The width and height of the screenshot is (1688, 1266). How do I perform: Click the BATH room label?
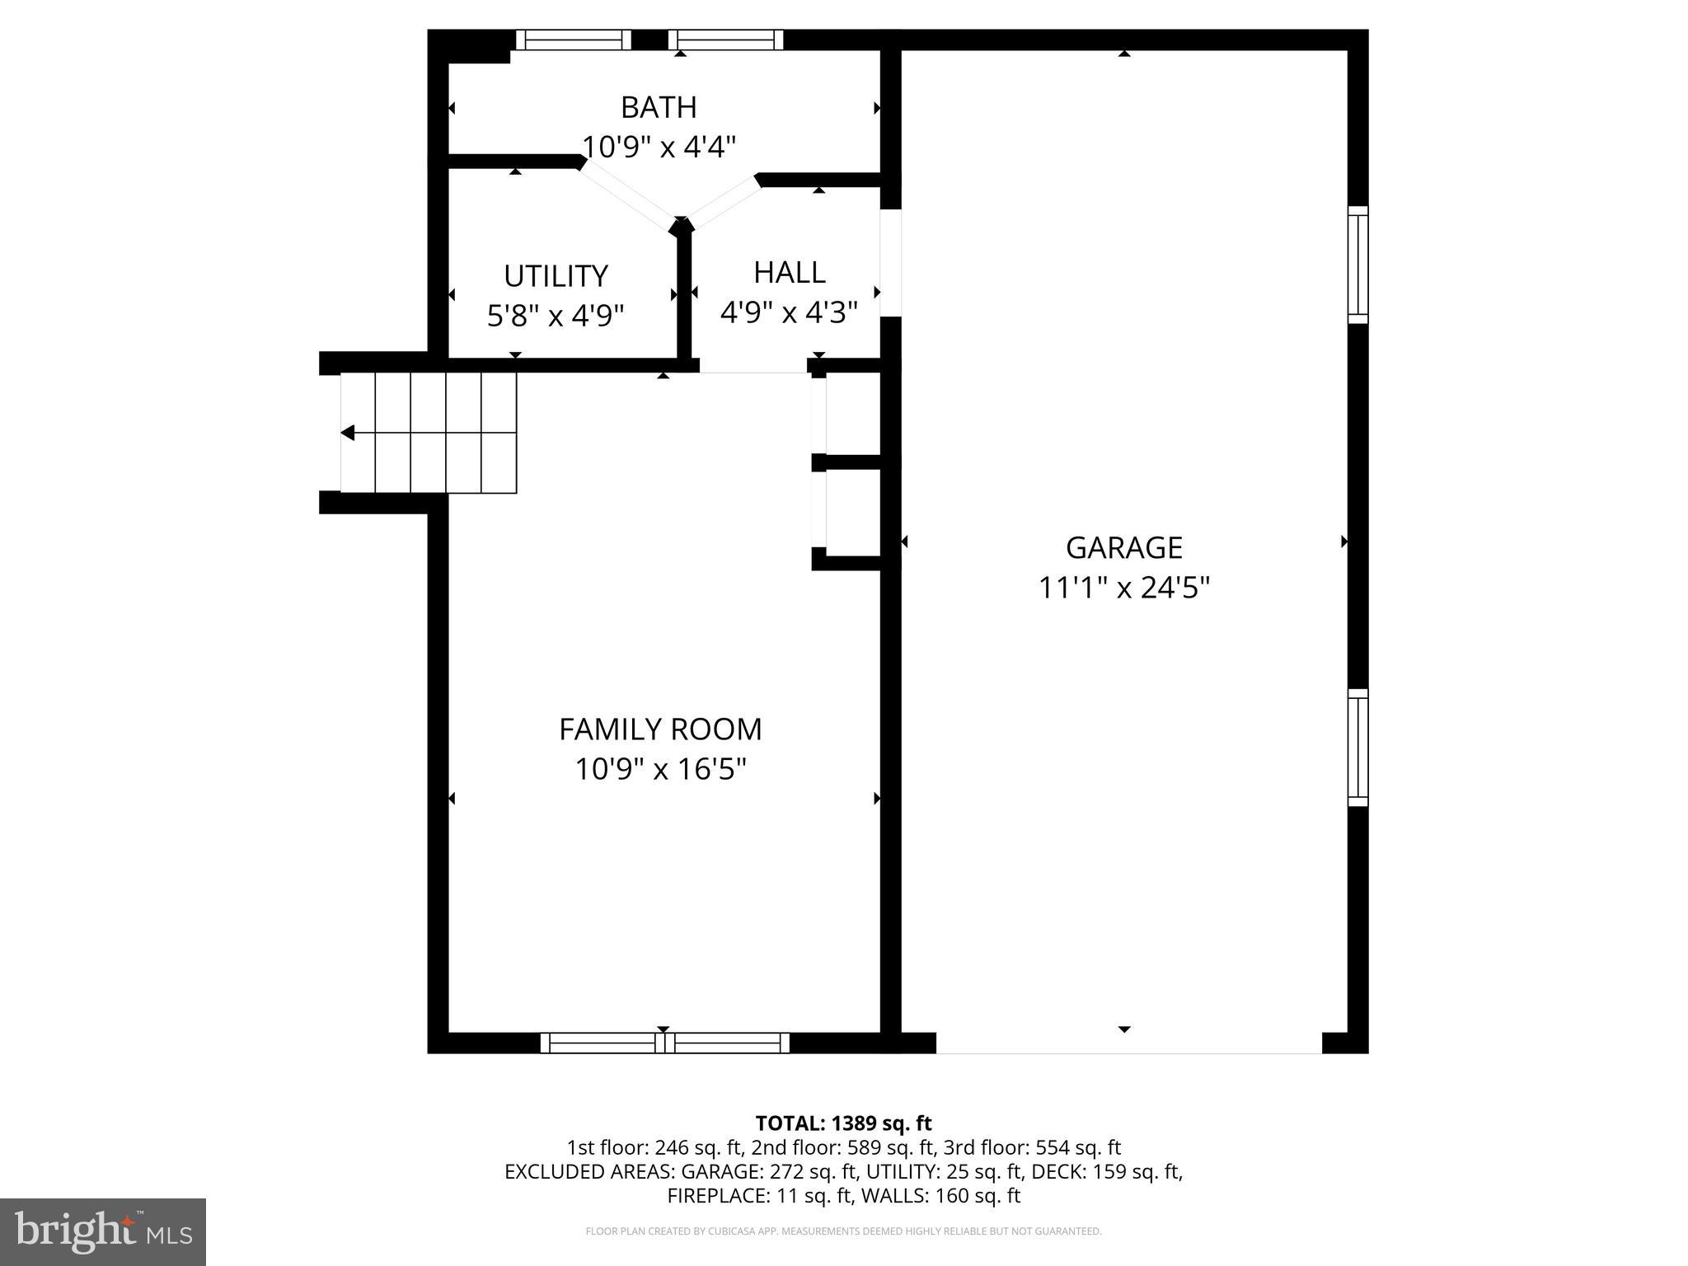(x=659, y=108)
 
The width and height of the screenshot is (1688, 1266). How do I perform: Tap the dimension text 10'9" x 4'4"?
(x=659, y=148)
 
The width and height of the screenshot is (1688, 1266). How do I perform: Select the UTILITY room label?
(x=556, y=276)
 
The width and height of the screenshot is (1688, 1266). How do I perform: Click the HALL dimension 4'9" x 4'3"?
(x=789, y=313)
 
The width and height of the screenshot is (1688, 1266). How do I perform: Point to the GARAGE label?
(x=1123, y=548)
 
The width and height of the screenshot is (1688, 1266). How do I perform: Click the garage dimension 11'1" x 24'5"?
(x=1123, y=588)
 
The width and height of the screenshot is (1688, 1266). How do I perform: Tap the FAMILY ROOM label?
(x=660, y=729)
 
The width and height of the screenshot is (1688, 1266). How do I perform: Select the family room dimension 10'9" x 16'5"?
(x=660, y=770)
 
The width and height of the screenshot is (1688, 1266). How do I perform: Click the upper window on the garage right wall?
(x=1357, y=265)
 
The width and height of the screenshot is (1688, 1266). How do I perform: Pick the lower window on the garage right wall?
(x=1357, y=748)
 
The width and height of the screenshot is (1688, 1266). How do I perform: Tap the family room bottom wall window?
(x=664, y=1043)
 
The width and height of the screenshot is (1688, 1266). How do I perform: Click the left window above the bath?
(x=574, y=40)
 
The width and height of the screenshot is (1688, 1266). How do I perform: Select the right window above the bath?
(x=725, y=40)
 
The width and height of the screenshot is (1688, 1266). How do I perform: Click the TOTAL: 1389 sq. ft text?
(x=843, y=1123)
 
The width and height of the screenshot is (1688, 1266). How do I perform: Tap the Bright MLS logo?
(x=103, y=1231)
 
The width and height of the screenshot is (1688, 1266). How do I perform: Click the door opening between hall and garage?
(x=891, y=263)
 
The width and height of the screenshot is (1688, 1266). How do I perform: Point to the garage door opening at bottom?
(x=1128, y=1043)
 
